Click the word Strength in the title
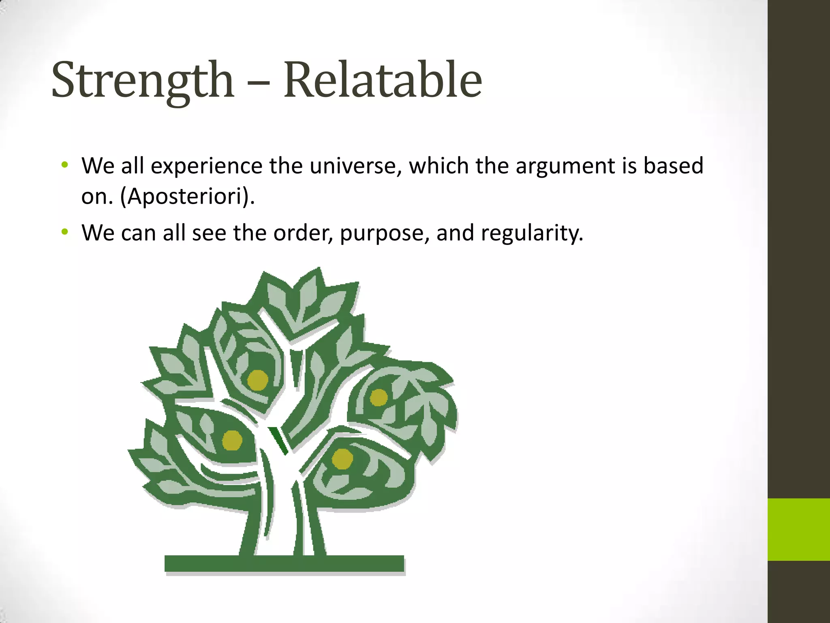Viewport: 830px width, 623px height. coord(143,80)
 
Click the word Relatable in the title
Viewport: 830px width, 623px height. coord(383,80)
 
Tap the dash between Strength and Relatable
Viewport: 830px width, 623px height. coord(258,81)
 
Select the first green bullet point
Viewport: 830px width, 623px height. coord(64,165)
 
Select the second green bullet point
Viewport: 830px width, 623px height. coord(64,232)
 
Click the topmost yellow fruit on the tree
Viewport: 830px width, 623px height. coord(258,380)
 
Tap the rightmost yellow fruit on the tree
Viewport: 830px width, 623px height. coord(379,397)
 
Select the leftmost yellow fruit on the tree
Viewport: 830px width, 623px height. coord(232,440)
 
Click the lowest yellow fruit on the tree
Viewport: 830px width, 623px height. coord(342,459)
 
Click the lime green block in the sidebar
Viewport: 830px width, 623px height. coord(798,529)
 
